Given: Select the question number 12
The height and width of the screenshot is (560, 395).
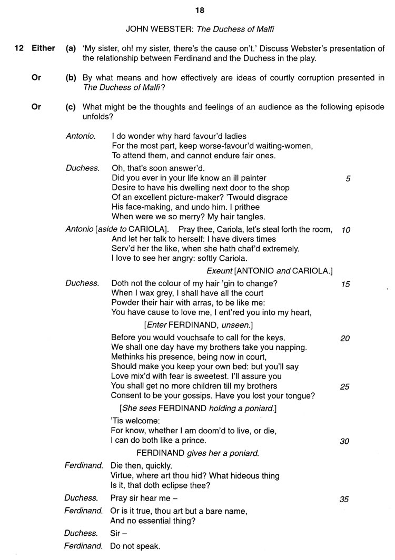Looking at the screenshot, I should pyautogui.click(x=18, y=48).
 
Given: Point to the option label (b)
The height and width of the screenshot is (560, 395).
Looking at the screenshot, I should pyautogui.click(x=71, y=78).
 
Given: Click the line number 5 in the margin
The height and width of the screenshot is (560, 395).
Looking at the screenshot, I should pyautogui.click(x=348, y=178).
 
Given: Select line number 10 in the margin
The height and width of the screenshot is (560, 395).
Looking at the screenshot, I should pyautogui.click(x=345, y=230).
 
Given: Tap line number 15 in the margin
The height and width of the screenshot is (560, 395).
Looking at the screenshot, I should pyautogui.click(x=345, y=284).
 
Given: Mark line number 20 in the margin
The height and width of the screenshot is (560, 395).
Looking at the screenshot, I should pyautogui.click(x=345, y=339).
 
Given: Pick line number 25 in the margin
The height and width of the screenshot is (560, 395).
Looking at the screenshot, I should pyautogui.click(x=345, y=387).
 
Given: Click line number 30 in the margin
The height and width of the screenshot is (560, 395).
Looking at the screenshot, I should pyautogui.click(x=344, y=442).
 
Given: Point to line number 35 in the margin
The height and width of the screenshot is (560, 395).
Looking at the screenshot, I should pyautogui.click(x=344, y=500).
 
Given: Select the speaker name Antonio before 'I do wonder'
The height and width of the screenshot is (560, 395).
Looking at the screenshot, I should pyautogui.click(x=81, y=136).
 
